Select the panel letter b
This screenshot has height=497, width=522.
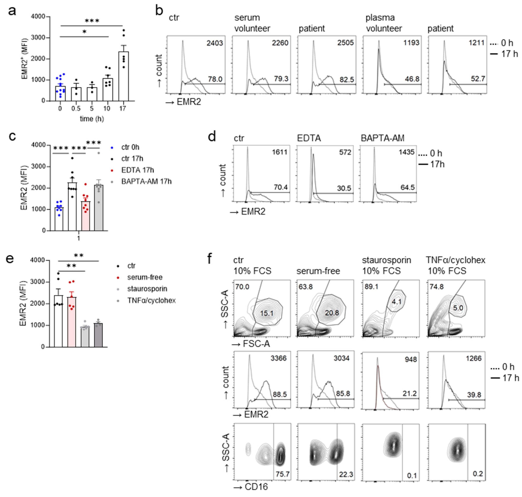pyautogui.click(x=159, y=11)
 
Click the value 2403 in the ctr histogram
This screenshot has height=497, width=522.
pyautogui.click(x=215, y=43)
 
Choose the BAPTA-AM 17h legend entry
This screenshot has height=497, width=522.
pyautogui.click(x=146, y=181)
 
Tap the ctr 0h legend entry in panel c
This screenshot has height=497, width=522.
pyautogui.click(x=130, y=147)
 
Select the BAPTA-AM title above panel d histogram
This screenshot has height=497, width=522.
pyautogui.click(x=382, y=138)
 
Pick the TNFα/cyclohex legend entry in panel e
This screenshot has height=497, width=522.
pyautogui.click(x=151, y=300)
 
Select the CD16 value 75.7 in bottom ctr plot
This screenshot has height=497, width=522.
pyautogui.click(x=282, y=474)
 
